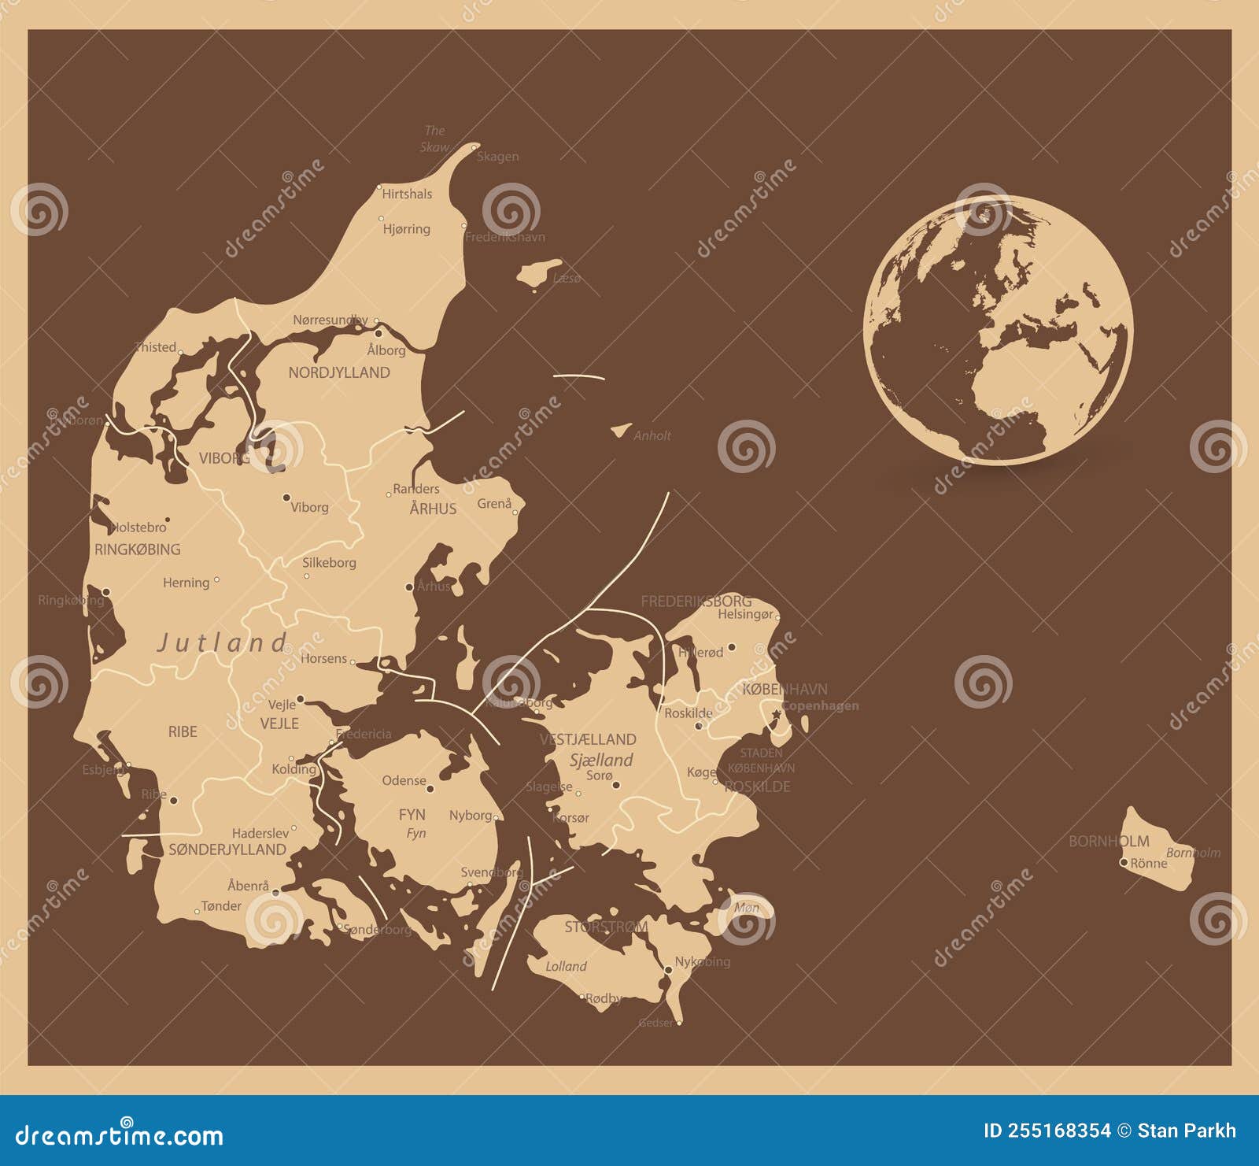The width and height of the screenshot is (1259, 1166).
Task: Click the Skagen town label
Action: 498,157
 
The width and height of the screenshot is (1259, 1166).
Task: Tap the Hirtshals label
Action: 407,194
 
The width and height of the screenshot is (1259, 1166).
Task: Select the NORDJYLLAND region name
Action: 339,372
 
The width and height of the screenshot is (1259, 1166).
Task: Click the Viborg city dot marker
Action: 286,498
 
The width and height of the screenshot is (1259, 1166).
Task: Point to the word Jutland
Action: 223,642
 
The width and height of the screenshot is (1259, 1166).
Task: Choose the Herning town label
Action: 186,583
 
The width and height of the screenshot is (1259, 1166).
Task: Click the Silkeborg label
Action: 330,563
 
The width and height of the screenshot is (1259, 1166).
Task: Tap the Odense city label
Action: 404,780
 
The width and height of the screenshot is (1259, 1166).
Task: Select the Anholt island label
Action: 652,435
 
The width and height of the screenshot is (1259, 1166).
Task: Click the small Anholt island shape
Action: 622,430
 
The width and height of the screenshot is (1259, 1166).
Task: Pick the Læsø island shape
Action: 539,272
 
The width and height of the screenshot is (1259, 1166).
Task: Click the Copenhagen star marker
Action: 777,714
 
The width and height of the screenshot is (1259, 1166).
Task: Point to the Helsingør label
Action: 745,614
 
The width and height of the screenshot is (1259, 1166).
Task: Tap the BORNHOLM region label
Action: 1109,841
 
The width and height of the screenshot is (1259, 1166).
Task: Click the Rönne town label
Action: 1149,863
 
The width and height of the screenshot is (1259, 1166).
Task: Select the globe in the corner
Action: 998,329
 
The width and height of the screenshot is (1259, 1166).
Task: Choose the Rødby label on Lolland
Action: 604,998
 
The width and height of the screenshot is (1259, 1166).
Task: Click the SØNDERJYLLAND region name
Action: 227,850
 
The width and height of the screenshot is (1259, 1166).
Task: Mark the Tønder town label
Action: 221,906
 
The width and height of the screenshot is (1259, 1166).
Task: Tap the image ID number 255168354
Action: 1047,1131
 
